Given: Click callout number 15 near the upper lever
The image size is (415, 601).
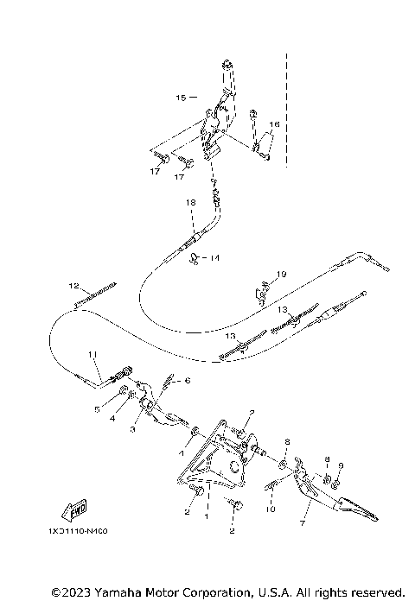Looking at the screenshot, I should click(181, 98).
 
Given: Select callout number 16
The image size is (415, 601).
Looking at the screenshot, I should click(274, 125).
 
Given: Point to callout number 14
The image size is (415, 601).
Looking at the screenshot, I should click(215, 257).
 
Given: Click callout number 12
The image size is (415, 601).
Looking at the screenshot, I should click(74, 285).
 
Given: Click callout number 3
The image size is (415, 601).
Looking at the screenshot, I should click(133, 428).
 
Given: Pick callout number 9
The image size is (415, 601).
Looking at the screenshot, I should click(341, 466).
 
